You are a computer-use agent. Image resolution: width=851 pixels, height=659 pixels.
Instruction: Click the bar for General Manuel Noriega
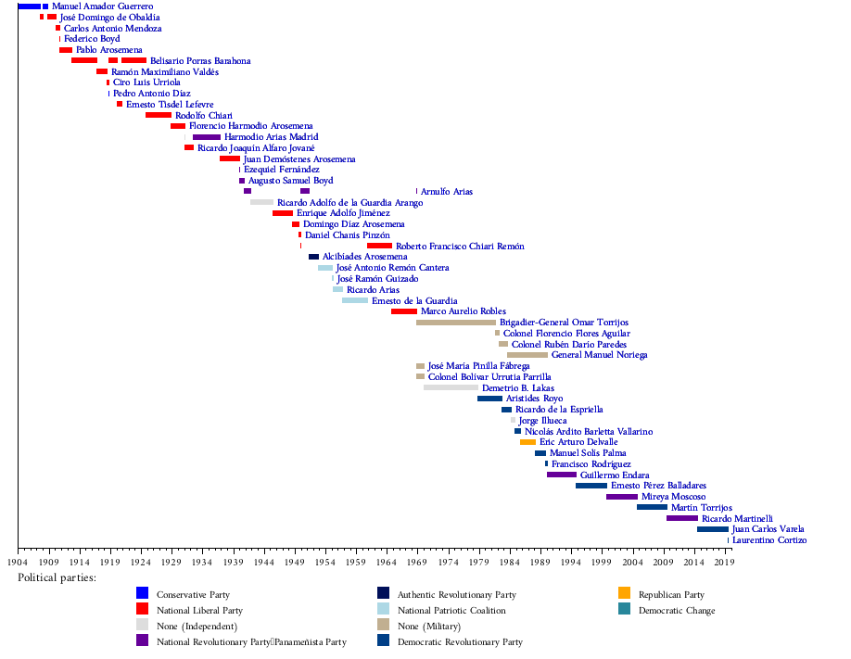(527, 355)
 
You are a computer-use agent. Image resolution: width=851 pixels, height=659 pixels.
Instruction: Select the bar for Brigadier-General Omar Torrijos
(455, 323)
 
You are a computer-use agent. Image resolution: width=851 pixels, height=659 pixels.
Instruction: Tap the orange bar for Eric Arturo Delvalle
(527, 442)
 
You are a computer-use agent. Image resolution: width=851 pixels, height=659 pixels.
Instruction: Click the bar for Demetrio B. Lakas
(451, 387)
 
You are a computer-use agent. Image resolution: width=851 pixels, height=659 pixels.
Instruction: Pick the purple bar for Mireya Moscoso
(621, 497)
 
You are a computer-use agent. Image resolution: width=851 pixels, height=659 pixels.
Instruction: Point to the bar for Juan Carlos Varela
(712, 529)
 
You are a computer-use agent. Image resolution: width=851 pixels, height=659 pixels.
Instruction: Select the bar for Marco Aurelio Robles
(403, 311)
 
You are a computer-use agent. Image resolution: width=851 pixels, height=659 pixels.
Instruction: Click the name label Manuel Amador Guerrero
(102, 6)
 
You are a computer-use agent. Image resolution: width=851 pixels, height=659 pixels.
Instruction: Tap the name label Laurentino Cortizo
(769, 540)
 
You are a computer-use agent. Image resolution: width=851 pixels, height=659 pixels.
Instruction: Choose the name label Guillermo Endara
(615, 475)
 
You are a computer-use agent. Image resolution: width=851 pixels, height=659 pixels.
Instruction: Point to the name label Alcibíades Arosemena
(364, 257)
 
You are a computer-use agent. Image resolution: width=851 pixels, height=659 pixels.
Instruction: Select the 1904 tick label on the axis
(18, 562)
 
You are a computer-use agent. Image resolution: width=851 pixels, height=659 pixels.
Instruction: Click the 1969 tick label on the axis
(417, 562)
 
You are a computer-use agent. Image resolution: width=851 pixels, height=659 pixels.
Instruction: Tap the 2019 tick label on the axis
(724, 562)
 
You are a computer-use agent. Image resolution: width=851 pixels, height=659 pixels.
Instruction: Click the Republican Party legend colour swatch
(625, 594)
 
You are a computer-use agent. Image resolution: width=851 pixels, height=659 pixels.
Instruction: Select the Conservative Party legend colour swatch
(143, 594)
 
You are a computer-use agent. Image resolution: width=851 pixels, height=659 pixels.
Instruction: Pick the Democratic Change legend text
(677, 611)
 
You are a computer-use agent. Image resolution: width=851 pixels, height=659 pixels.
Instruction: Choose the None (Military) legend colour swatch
(384, 626)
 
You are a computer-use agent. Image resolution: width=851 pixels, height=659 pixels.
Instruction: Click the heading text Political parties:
(57, 577)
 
